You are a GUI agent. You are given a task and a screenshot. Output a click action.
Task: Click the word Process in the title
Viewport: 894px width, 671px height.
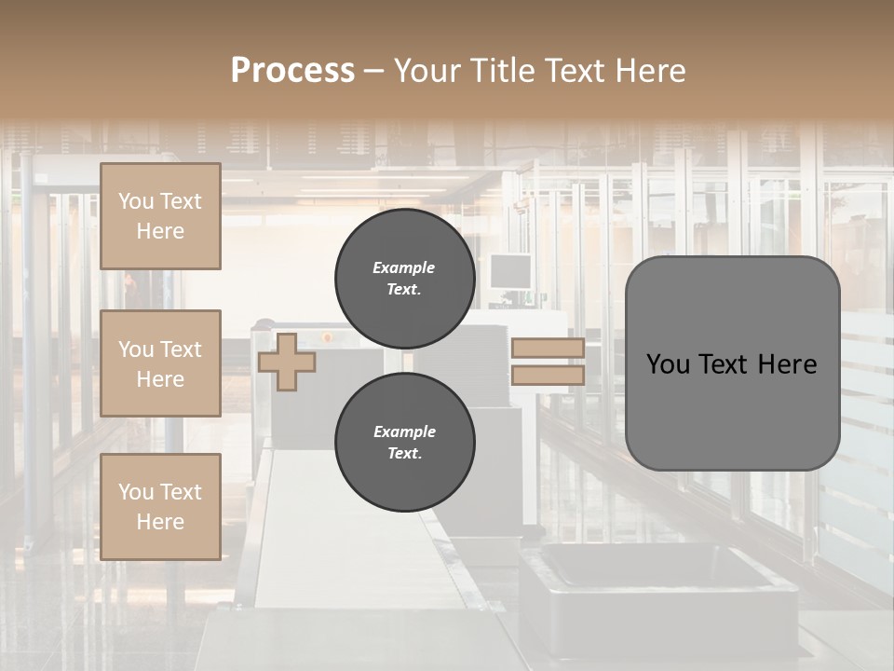tap(292, 71)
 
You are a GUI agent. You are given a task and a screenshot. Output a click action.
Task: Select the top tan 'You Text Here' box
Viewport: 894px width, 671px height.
tap(160, 216)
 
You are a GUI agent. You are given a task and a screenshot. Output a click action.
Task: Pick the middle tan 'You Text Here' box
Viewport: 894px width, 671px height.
tap(160, 363)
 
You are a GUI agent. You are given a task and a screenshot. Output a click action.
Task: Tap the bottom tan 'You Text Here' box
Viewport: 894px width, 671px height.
tap(160, 507)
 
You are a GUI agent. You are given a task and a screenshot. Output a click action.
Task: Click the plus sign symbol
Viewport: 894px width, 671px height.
tap(286, 362)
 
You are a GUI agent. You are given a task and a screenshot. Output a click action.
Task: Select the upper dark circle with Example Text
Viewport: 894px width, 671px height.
tap(405, 279)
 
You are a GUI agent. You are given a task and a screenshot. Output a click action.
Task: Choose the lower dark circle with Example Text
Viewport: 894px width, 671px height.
tap(405, 443)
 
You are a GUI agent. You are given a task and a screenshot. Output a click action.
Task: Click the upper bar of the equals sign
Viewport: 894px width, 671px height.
tap(548, 348)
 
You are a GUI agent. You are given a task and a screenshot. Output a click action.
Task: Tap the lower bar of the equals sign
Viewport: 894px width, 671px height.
tap(548, 376)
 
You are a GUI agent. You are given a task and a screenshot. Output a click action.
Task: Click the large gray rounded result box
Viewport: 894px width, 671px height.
tap(732, 363)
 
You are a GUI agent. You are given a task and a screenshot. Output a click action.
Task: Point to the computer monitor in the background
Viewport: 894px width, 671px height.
tap(510, 272)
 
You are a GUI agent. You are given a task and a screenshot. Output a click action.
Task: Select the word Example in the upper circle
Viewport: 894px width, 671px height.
tap(404, 267)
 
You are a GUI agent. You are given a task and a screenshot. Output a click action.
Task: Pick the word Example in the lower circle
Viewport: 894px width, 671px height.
tap(404, 431)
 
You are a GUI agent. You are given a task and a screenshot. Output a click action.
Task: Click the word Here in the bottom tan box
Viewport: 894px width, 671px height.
tap(160, 522)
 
